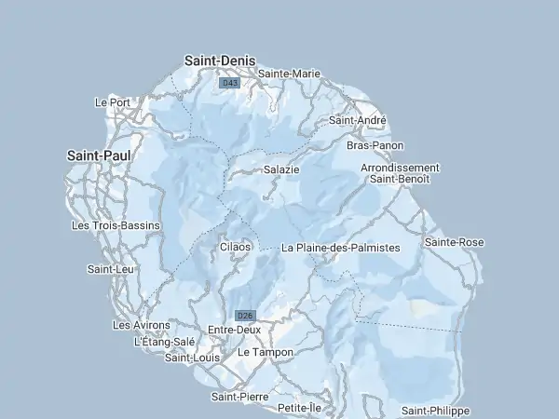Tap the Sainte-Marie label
(x=290, y=73)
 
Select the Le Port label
(x=113, y=102)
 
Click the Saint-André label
(x=358, y=120)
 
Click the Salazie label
(x=281, y=169)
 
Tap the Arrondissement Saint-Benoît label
(x=400, y=173)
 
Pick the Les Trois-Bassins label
(x=116, y=225)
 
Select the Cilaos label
(x=235, y=247)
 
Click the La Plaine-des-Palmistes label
(x=340, y=248)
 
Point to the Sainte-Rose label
(x=454, y=242)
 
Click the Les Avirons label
(x=142, y=325)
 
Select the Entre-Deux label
(x=234, y=330)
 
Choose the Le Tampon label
(x=266, y=353)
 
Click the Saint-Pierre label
(x=239, y=397)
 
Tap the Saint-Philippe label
(x=435, y=411)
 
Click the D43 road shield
(x=229, y=84)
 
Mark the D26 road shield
(x=245, y=315)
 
